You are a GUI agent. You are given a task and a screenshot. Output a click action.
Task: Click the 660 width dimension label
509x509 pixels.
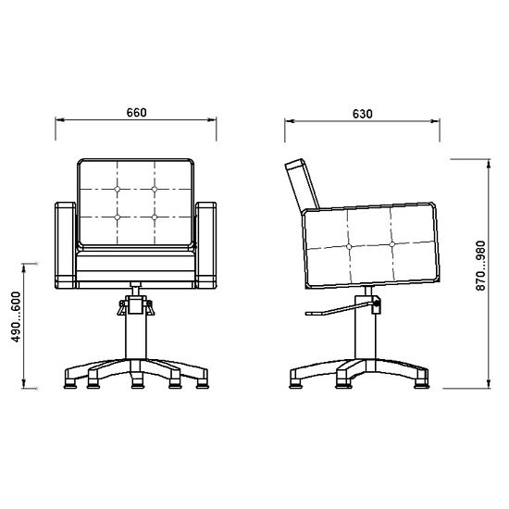click(x=136, y=112)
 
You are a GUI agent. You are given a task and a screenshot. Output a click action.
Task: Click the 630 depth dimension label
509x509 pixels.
click(x=362, y=114)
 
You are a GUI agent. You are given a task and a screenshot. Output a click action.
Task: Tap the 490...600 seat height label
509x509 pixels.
click(x=16, y=317)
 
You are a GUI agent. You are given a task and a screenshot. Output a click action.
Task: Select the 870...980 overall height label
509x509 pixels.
click(x=480, y=266)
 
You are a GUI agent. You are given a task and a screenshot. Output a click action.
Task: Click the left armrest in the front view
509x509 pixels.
click(x=66, y=245)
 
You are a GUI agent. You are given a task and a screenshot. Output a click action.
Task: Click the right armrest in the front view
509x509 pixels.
click(x=205, y=245)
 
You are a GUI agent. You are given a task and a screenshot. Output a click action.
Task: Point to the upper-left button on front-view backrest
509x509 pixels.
click(x=118, y=189)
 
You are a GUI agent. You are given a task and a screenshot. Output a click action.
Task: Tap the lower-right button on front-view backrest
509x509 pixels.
click(x=155, y=217)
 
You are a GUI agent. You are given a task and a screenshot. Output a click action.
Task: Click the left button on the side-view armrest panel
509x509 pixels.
click(x=349, y=247)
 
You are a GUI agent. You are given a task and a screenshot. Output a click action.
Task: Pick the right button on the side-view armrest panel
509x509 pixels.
click(x=391, y=244)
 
